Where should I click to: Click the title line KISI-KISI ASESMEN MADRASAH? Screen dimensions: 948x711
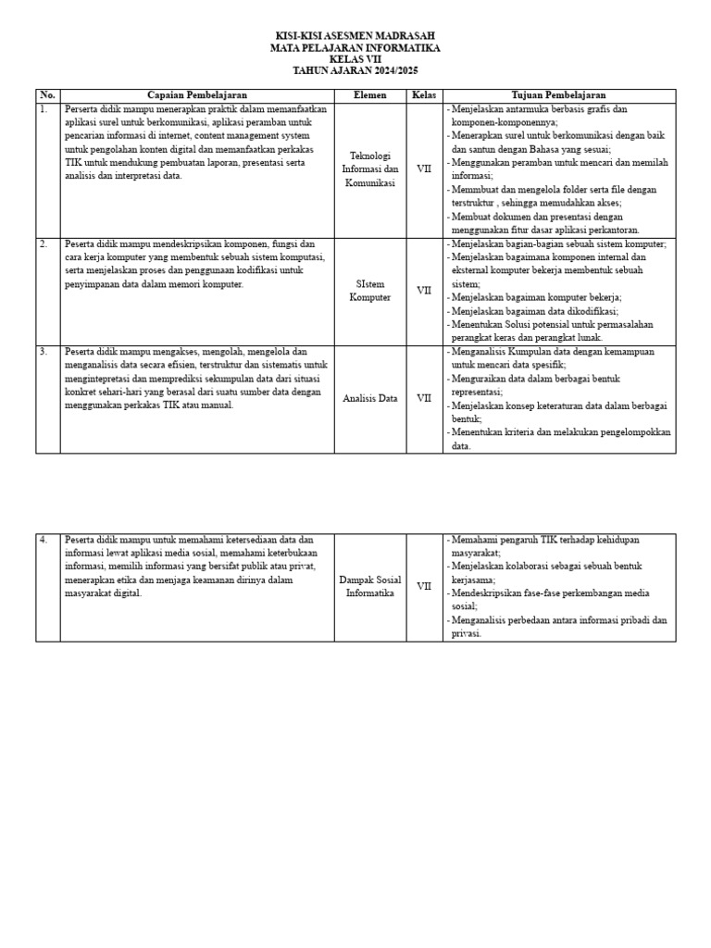coord(355,36)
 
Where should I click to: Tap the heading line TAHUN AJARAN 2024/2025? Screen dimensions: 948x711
coord(355,70)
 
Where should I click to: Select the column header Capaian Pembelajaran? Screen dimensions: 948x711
coord(197,95)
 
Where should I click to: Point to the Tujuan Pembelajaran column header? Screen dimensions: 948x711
coord(559,95)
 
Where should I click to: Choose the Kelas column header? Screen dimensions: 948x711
coord(423,95)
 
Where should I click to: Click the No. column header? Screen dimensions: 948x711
coord(48,95)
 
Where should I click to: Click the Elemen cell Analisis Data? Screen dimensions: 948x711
coord(369,399)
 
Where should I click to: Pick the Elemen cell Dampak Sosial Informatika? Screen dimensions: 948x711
coord(369,587)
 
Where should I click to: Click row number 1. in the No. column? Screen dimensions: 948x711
coord(44,109)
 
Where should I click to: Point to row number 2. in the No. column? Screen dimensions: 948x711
coord(44,244)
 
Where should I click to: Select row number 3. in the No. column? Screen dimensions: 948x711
coord(44,352)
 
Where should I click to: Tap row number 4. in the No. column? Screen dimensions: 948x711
coord(44,540)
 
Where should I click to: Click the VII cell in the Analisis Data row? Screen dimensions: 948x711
coord(424,399)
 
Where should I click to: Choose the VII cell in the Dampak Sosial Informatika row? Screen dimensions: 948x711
coord(424,587)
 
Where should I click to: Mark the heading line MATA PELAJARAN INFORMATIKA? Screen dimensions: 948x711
coord(355,47)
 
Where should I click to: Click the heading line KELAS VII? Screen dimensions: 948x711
coord(355,59)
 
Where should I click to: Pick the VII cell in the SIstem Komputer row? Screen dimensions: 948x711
coord(424,291)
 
